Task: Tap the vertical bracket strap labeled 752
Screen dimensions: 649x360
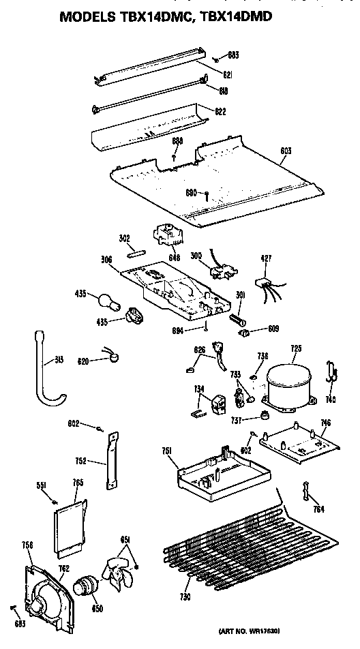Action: pos(110,459)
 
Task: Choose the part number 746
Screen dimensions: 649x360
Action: pos(326,423)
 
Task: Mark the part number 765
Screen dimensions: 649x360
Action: pos(78,483)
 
